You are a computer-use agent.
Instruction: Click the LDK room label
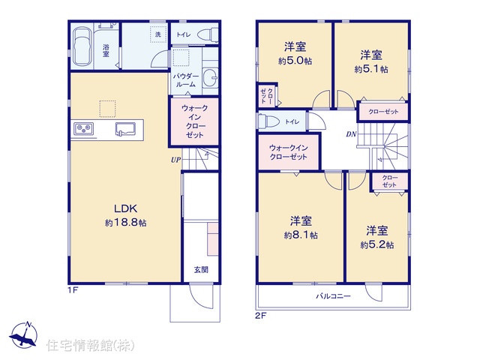[125, 208]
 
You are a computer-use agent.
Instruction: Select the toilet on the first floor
[208, 35]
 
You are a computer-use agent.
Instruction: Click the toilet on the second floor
[269, 121]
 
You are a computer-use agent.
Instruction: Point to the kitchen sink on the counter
[125, 129]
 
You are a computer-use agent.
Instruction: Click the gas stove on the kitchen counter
[83, 129]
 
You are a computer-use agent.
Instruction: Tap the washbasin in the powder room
[210, 77]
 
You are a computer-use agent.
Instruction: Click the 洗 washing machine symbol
[158, 34]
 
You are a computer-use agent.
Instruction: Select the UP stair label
[175, 160]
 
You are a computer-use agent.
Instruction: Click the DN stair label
[351, 134]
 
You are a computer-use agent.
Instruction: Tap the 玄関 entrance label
[201, 270]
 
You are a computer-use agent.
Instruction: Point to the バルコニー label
[333, 296]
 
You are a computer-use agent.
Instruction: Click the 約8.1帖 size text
[301, 235]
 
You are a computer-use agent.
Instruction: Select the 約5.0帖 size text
[295, 61]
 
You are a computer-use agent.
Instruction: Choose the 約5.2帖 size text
[377, 245]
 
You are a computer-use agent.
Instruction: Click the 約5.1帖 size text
[371, 69]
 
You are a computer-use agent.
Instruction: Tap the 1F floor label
[73, 289]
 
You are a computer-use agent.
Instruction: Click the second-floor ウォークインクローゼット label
[288, 152]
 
